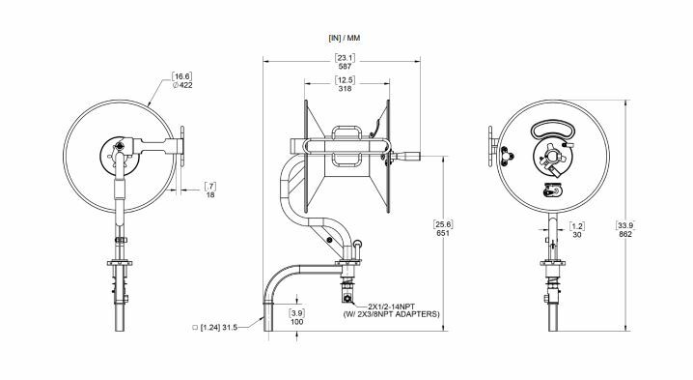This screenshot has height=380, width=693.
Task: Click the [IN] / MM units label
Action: pos(344,37)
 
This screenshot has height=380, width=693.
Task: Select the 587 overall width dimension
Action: pos(344,68)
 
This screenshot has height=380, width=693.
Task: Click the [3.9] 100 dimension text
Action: pos(297,318)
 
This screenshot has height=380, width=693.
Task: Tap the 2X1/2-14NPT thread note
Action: pos(385,306)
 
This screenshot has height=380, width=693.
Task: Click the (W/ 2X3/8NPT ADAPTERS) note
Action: pos(391,315)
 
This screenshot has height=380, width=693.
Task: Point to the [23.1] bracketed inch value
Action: pos(344,58)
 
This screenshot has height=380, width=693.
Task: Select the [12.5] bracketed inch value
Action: pos(345,80)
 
